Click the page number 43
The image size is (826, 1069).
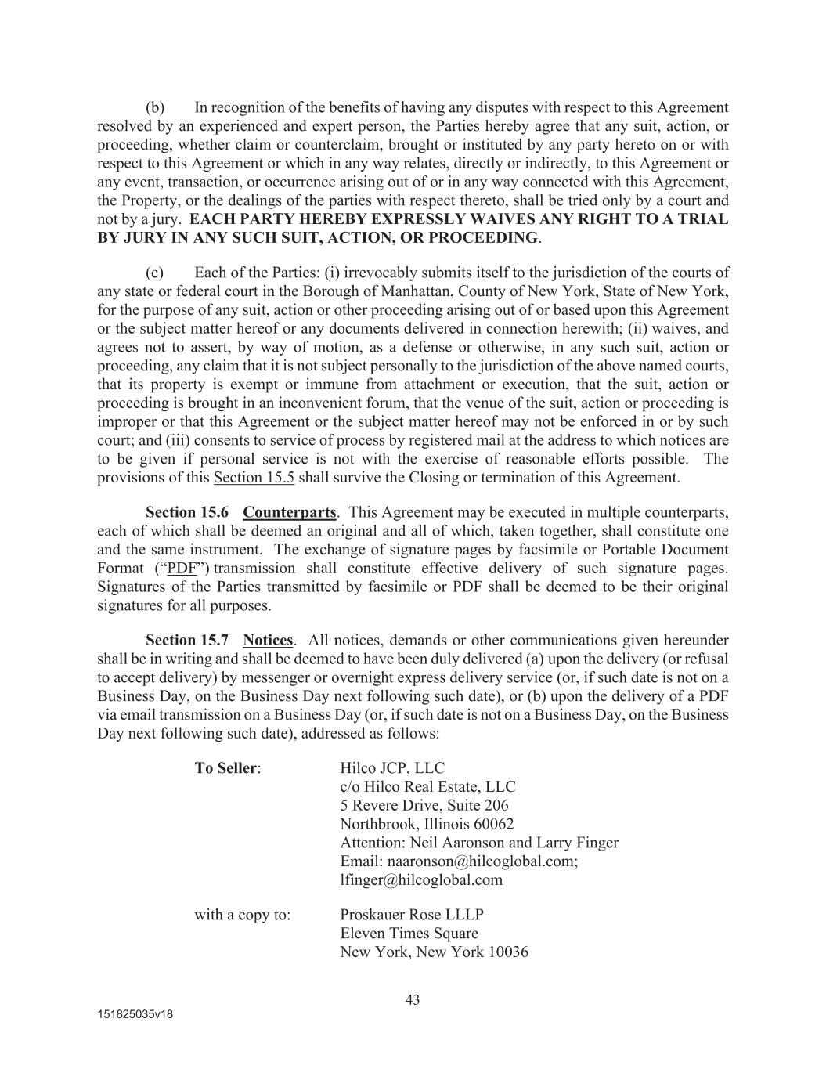coord(413,999)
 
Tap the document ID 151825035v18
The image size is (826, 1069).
coord(135,1014)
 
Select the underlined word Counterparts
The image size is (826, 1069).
coord(289,512)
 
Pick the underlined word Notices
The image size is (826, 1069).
coord(268,641)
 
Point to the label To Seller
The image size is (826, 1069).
coord(226,768)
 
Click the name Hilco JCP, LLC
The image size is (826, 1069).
coord(392,768)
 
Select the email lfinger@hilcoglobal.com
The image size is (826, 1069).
coord(421,879)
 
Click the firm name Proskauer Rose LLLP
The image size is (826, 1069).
coord(412,915)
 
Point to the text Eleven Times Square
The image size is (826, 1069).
coord(409,934)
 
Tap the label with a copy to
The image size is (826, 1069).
coord(243,915)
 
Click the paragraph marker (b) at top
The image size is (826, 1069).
coord(155,107)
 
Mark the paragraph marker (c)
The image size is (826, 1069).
coord(155,273)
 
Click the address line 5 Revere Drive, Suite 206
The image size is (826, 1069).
coord(424,805)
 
